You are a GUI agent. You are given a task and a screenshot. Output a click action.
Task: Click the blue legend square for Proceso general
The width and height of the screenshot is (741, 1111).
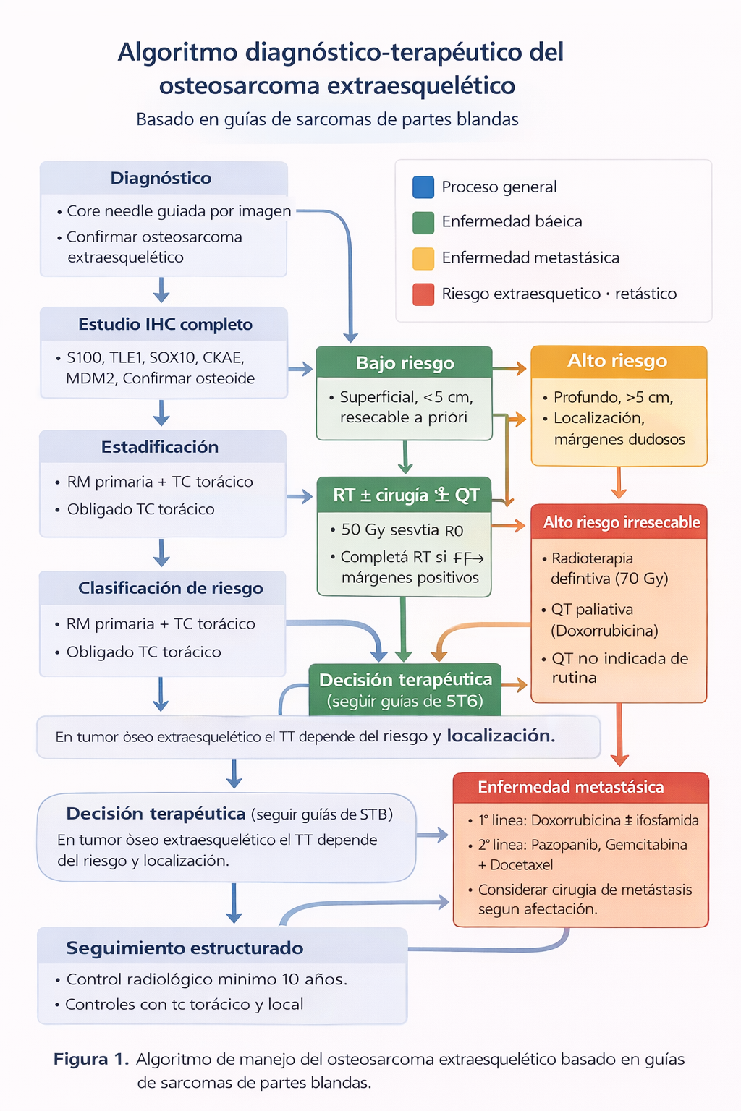[423, 187]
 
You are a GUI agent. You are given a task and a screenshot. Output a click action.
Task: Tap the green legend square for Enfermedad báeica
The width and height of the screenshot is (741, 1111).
[423, 222]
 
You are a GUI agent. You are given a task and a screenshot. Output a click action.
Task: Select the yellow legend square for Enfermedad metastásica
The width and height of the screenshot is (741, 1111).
[423, 258]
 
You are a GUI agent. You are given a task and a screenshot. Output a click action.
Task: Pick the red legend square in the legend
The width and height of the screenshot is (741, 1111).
[423, 294]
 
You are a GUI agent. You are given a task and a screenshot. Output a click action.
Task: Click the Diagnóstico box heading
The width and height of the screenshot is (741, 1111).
[161, 178]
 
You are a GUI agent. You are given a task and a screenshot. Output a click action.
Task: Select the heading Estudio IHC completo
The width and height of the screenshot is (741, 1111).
[165, 324]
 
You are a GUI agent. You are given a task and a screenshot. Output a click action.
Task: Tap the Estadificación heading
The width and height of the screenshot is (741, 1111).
[160, 447]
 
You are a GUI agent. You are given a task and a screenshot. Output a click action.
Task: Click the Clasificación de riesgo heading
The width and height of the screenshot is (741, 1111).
[170, 588]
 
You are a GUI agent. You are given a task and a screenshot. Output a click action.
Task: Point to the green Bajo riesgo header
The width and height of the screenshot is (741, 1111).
[405, 363]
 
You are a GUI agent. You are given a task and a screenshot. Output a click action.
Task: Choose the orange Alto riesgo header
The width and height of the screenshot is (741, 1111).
[617, 361]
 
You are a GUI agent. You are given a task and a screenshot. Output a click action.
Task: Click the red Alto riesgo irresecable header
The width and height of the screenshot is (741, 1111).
[621, 522]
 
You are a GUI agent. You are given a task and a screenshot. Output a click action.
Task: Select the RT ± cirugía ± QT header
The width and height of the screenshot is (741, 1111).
[405, 495]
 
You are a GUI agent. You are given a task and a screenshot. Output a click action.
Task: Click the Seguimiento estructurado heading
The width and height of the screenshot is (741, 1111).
[185, 948]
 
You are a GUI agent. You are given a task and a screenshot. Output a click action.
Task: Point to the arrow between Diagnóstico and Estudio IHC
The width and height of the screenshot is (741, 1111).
[161, 291]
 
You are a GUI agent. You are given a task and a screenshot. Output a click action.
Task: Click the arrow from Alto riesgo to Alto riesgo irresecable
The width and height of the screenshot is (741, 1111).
[618, 483]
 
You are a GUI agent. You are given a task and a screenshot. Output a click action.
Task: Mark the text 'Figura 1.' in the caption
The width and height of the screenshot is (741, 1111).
[91, 1059]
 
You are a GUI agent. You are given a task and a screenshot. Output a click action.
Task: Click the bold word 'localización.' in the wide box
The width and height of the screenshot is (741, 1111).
[501, 736]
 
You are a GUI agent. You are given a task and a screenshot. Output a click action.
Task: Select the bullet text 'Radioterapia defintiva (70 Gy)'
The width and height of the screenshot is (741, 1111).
[608, 568]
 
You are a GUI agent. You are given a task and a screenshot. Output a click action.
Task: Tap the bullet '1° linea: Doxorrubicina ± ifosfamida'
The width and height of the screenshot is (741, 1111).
[588, 820]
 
